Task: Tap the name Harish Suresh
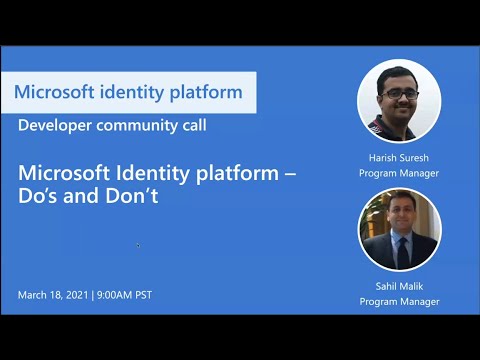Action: (x=399, y=158)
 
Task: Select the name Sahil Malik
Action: (x=399, y=286)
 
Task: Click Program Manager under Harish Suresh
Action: (x=399, y=172)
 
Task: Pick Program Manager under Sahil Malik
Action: (x=399, y=300)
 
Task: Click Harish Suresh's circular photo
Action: (x=399, y=102)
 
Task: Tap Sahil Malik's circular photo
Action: (x=399, y=230)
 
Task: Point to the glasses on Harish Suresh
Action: (x=398, y=95)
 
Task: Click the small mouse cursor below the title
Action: (x=138, y=245)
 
